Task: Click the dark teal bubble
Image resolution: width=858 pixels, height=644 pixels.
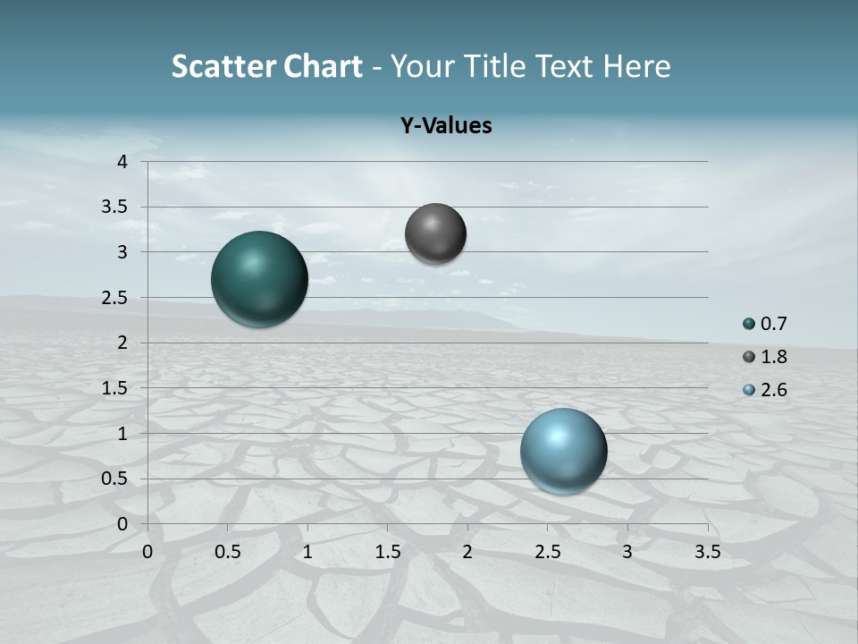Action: click(259, 279)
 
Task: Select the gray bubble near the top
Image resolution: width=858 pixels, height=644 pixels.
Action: click(435, 233)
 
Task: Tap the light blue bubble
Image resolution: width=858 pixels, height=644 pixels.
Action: click(563, 451)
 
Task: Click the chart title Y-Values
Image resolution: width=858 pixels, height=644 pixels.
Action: click(445, 126)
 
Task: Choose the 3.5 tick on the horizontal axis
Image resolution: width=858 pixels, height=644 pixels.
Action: click(707, 552)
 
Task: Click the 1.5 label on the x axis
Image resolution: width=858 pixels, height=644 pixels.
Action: click(387, 552)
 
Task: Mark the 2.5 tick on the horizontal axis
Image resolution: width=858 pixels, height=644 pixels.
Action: click(547, 552)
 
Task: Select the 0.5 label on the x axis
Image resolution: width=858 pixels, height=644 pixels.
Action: click(227, 552)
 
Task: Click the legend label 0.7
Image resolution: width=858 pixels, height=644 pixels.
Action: click(773, 324)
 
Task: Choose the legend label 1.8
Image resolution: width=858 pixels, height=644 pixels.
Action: click(773, 357)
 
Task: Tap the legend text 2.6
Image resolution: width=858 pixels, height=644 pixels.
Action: click(773, 390)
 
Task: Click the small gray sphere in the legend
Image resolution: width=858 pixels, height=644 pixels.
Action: click(749, 357)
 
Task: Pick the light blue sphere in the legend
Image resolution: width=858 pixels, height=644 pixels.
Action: click(749, 390)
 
